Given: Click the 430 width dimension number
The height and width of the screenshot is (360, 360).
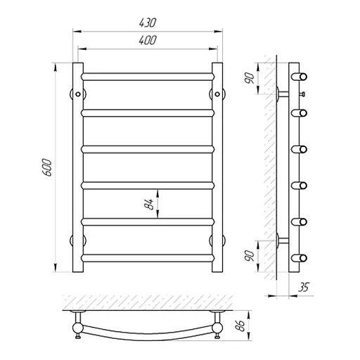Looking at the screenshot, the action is [148, 22].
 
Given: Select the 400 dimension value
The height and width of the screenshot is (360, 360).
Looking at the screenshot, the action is [148, 40].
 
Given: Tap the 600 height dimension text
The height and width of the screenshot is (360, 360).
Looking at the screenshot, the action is [46, 167].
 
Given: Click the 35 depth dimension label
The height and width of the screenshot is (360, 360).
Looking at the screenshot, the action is [304, 287].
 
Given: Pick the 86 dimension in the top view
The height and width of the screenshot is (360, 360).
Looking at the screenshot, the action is [240, 326].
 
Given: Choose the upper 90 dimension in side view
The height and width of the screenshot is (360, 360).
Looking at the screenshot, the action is [250, 78].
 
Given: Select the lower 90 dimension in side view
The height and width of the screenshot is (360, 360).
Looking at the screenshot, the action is [250, 256].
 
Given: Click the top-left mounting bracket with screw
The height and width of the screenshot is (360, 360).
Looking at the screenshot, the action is [78, 94].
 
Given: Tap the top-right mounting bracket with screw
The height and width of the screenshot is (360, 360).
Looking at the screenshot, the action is [217, 94].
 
